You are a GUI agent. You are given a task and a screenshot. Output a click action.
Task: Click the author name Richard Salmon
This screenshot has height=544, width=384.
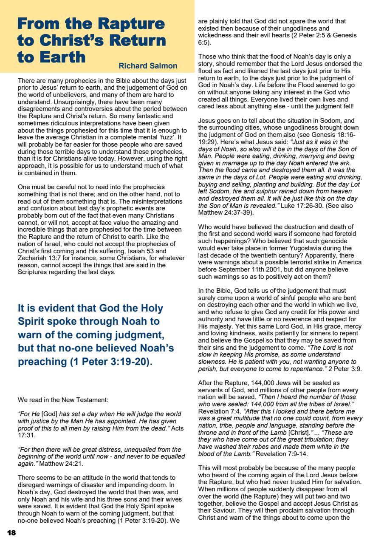coord(148,66)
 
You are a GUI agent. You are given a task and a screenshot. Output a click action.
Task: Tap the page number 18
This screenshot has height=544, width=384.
coord(11,533)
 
